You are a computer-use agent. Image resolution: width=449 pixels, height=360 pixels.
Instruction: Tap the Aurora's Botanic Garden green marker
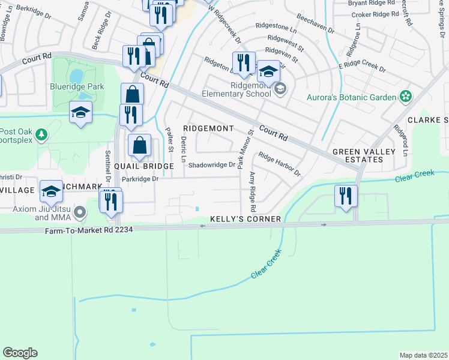coord(406,97)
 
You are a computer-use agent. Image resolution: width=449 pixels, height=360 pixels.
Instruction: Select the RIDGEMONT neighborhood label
coord(208,128)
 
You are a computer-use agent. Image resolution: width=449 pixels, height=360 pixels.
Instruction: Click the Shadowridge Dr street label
coord(212,165)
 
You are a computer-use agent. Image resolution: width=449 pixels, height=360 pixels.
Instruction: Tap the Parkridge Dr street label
coord(139,179)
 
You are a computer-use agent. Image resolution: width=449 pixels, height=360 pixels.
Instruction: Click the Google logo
coord(20,353)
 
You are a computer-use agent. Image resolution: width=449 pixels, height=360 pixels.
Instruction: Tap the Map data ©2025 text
coord(423,355)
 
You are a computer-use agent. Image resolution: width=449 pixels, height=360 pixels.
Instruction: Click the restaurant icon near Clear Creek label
coord(345,196)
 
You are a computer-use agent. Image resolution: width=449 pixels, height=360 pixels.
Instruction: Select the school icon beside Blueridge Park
coord(80,113)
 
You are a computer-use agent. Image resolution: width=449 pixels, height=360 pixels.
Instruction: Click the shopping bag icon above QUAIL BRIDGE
coord(139,145)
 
